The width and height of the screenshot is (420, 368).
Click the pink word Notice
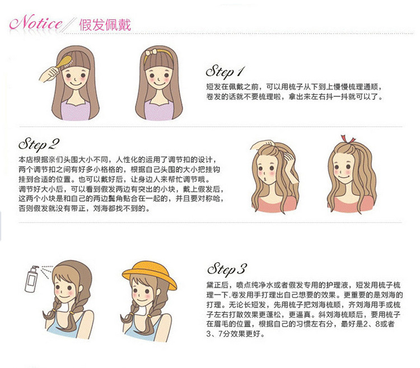pos(36,23)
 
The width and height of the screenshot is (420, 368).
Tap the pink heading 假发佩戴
pos(105,25)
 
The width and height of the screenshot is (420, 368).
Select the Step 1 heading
pos(225,72)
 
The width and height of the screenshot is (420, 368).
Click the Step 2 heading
pos(39,145)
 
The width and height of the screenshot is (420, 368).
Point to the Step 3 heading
pos(227,269)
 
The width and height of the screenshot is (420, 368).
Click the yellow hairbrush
pos(64,63)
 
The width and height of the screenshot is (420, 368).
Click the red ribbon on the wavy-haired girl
pos(347,139)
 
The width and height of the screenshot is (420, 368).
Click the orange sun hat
pos(150,274)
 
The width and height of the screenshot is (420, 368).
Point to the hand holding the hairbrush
pos(49,74)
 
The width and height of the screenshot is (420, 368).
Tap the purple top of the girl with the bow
pos(158,110)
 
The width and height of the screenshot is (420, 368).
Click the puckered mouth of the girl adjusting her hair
pos(265,179)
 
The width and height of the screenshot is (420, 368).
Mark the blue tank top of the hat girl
pos(144,330)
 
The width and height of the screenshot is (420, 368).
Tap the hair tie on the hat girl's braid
pos(132,314)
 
